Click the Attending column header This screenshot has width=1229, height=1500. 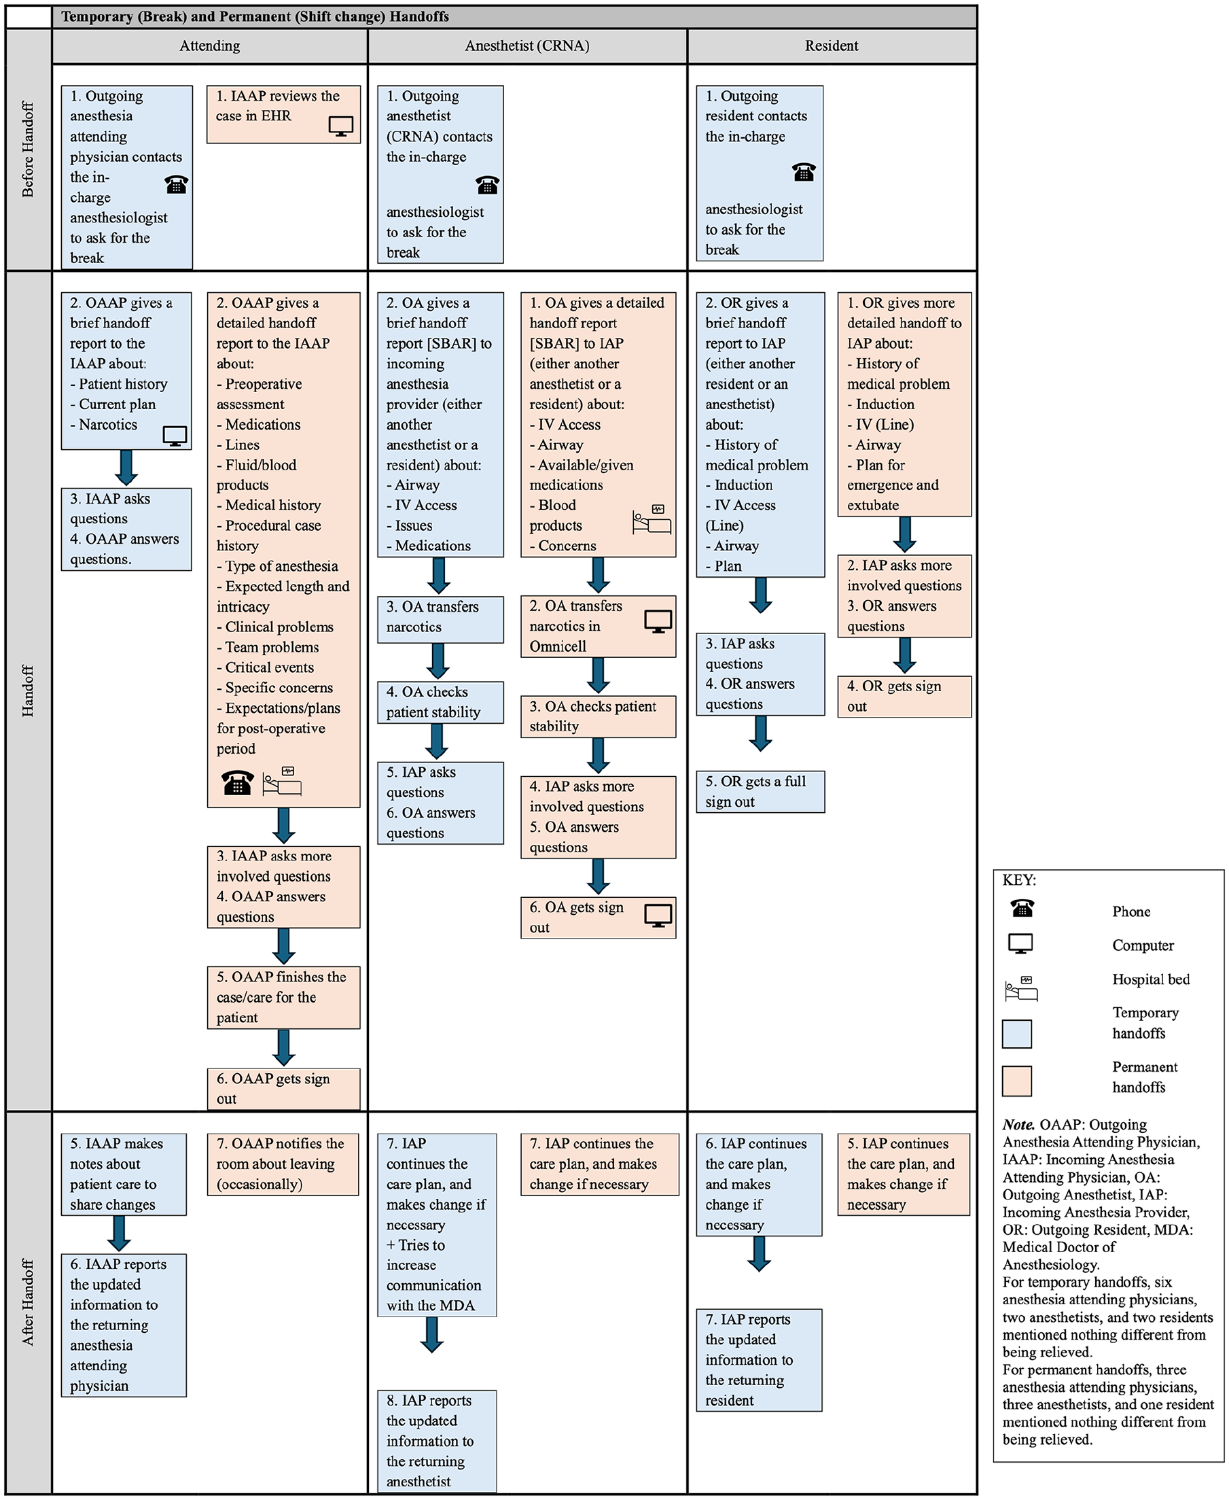click(x=209, y=46)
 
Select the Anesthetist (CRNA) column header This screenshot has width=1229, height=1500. click(x=527, y=46)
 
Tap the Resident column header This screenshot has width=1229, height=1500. click(x=832, y=46)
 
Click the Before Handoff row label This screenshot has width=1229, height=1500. click(x=29, y=150)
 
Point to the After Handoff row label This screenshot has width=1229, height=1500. click(x=29, y=1302)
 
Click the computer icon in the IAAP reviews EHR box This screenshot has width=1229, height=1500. click(x=341, y=126)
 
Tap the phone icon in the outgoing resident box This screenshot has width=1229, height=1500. click(x=804, y=171)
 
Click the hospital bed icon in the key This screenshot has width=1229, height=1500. click(x=1021, y=988)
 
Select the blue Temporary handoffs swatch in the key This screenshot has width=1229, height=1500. click(x=1016, y=1033)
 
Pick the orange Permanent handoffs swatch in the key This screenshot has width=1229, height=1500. click(x=1016, y=1081)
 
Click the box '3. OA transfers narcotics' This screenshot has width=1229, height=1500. click(x=440, y=619)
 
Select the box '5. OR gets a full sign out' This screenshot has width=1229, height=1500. click(x=760, y=791)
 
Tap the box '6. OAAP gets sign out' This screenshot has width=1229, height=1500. click(x=283, y=1089)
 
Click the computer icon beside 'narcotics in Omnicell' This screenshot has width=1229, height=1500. click(x=658, y=621)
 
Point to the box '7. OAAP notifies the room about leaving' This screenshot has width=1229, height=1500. click(x=283, y=1164)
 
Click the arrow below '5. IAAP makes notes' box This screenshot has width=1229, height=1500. click(x=119, y=1233)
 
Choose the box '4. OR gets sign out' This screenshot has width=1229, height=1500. click(x=904, y=696)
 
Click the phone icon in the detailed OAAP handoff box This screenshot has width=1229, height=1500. click(x=238, y=782)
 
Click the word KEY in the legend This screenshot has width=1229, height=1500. click(x=1019, y=880)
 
